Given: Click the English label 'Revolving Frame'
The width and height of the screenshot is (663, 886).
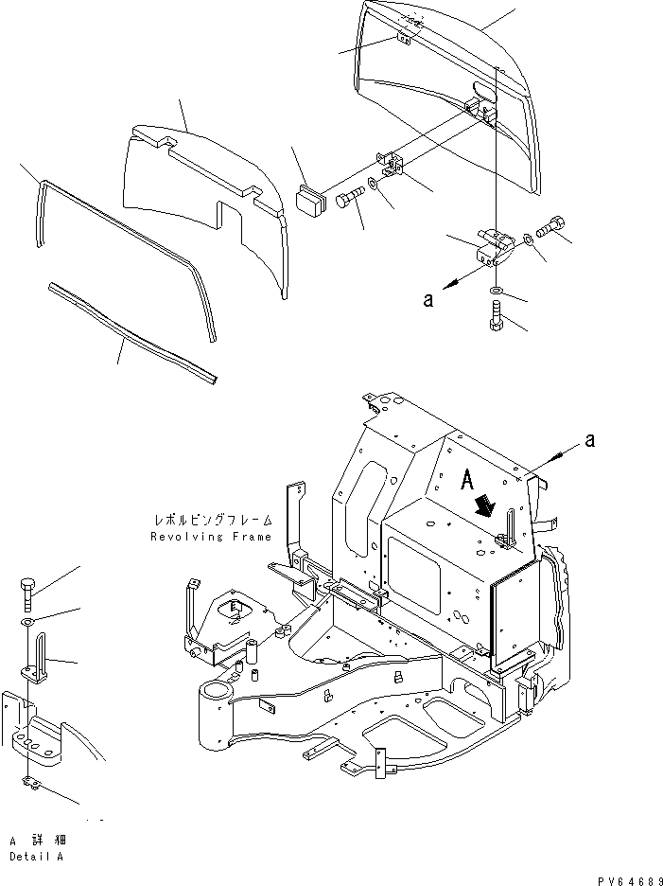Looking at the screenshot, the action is pyautogui.click(x=211, y=537).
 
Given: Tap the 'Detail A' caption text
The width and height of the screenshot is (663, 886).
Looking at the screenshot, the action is pyautogui.click(x=36, y=857).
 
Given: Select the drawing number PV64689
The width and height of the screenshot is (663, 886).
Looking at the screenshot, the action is pyautogui.click(x=629, y=880).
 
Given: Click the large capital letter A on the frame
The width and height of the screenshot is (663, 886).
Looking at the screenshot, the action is pyautogui.click(x=467, y=480).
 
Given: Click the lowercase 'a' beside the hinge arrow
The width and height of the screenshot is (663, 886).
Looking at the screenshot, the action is pyautogui.click(x=428, y=299).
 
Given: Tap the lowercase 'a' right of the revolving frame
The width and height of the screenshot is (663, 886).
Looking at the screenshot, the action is pyautogui.click(x=590, y=439).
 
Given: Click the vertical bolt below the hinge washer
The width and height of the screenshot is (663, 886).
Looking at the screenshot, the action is pyautogui.click(x=496, y=316).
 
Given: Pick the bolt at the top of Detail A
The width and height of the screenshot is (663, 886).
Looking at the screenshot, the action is pyautogui.click(x=26, y=594).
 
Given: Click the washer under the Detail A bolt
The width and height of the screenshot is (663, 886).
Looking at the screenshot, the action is pyautogui.click(x=26, y=623).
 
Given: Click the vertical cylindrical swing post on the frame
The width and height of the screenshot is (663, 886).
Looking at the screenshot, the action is pyautogui.click(x=214, y=715).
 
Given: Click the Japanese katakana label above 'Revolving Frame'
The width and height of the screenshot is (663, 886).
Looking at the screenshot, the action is pyautogui.click(x=213, y=520).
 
